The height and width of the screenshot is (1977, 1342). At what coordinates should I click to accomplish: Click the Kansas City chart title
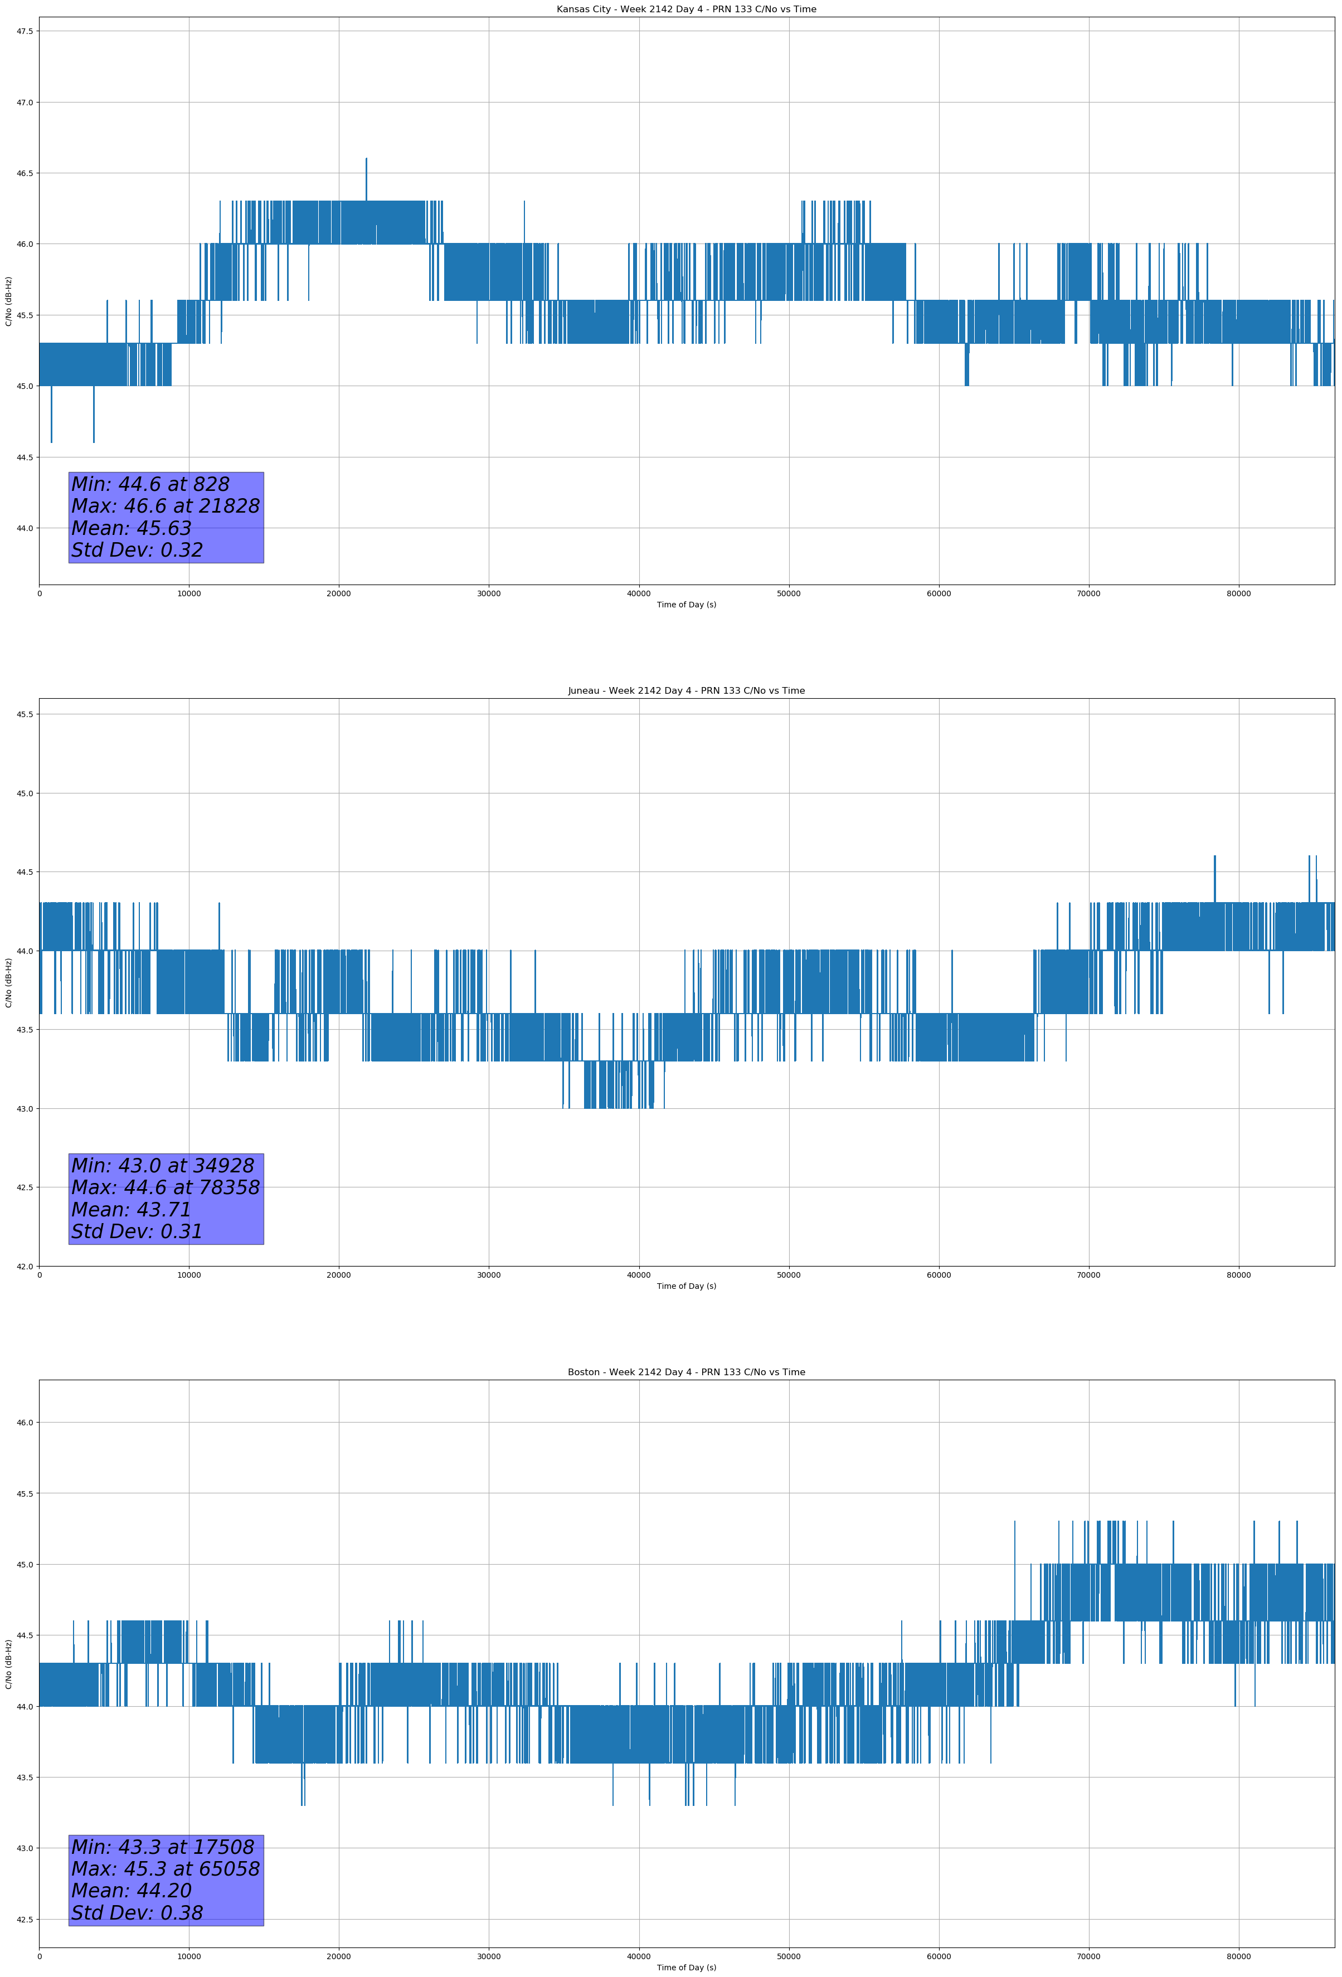point(686,9)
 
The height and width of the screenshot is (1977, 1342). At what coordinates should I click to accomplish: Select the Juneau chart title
point(686,691)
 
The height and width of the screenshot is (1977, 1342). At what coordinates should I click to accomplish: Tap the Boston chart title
point(686,1372)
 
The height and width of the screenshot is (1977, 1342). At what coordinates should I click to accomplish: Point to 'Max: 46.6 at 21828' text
point(165,506)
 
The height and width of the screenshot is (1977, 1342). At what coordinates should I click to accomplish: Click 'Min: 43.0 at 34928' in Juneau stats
point(163,1166)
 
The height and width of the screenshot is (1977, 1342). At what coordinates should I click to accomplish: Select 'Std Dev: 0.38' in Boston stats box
point(137,1913)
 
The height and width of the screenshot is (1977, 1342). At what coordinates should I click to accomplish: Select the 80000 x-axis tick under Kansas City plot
point(1238,594)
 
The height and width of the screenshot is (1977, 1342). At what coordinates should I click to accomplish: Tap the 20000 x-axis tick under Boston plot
point(339,1956)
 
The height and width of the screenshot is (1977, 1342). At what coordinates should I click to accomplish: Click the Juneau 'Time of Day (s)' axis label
point(686,1286)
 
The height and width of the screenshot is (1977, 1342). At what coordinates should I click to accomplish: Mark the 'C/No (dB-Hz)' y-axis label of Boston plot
point(8,1664)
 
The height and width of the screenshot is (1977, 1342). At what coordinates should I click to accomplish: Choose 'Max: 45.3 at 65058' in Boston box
point(165,1869)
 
